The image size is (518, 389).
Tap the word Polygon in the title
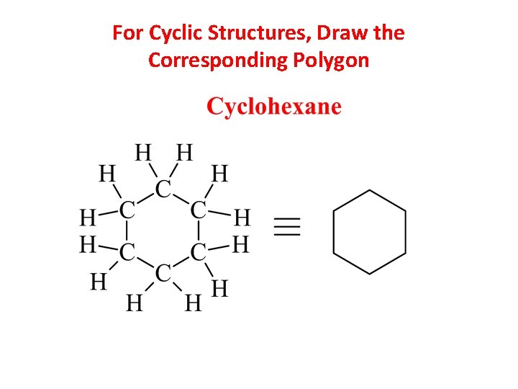click(331, 61)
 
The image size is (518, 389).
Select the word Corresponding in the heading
click(217, 61)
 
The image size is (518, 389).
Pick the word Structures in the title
click(252, 33)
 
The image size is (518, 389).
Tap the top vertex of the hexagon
click(370, 190)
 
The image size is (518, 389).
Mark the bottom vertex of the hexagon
click(370, 274)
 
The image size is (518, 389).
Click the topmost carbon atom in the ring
click(164, 189)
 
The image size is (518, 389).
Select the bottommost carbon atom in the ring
click(164, 272)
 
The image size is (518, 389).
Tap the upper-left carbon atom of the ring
click(127, 210)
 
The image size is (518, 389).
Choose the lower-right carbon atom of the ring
click(199, 252)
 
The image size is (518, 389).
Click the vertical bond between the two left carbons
click(127, 231)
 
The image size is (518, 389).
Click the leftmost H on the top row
click(144, 153)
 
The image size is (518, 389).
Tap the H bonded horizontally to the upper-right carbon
click(242, 216)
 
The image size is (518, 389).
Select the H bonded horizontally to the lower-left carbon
click(88, 245)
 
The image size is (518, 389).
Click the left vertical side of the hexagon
click(334, 232)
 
